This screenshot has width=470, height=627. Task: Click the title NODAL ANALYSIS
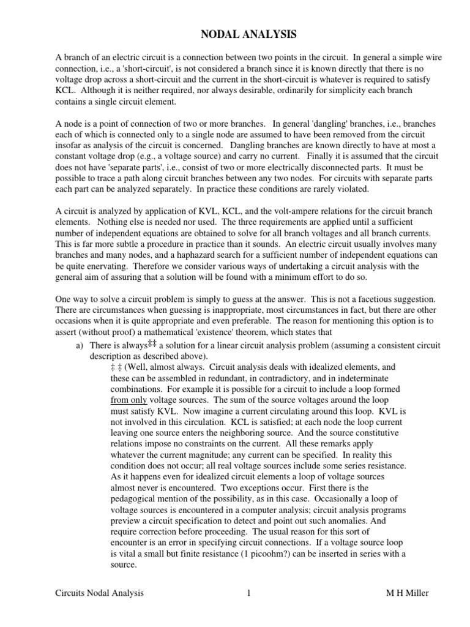234,34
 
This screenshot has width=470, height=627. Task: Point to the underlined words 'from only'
130,400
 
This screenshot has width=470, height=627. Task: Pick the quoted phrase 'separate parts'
130,168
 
